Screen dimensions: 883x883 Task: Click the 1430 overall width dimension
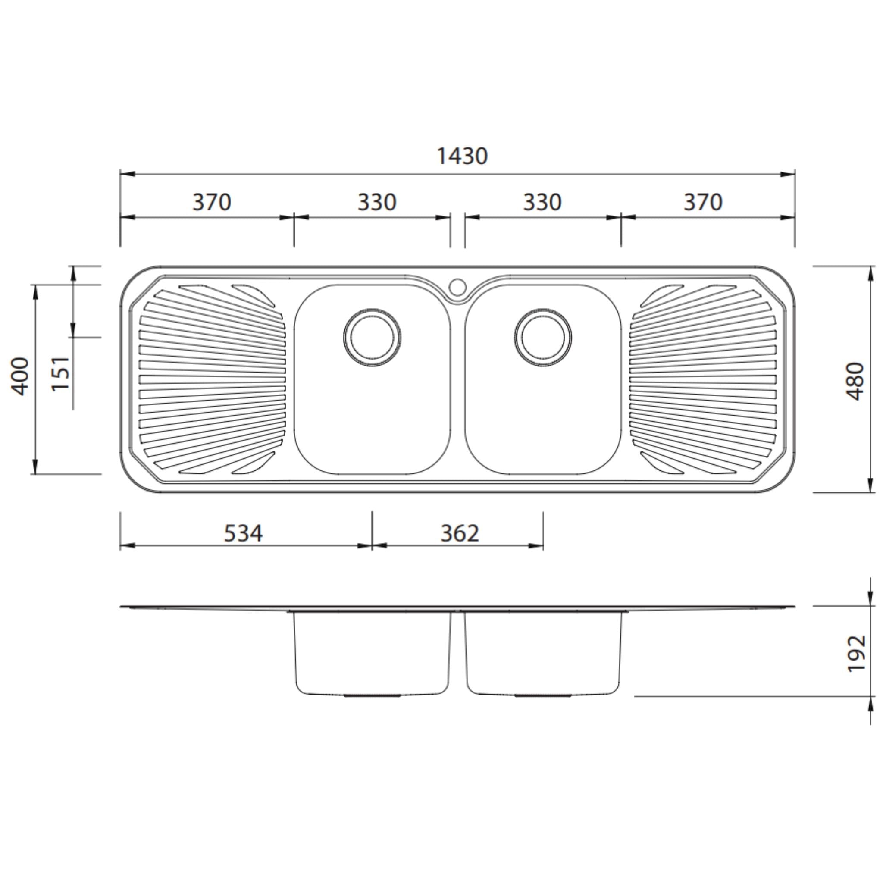(x=462, y=157)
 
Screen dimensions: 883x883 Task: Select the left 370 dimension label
(x=212, y=203)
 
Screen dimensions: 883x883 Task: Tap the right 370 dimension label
(x=702, y=203)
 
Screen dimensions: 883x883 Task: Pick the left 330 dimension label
(x=376, y=203)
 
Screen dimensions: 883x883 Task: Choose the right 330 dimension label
(x=542, y=203)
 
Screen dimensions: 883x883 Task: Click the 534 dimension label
(x=243, y=533)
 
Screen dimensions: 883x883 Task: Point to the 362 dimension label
(x=460, y=533)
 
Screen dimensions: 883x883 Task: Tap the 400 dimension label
(x=20, y=376)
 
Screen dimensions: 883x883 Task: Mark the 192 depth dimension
(x=856, y=654)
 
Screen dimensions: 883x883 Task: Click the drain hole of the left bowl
(x=372, y=338)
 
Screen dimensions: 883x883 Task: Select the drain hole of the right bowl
(x=542, y=338)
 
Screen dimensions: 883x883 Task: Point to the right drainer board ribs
(x=703, y=379)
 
